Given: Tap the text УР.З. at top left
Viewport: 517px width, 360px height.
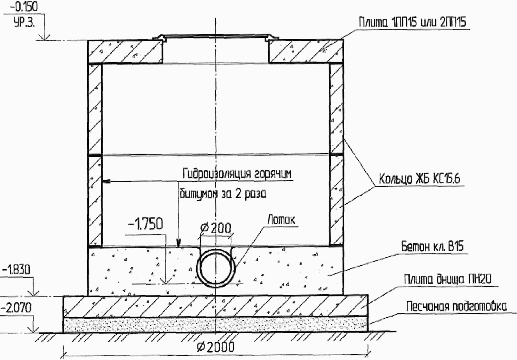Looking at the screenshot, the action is pos(24,23).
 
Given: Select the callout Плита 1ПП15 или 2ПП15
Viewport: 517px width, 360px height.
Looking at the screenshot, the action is pos(413,22).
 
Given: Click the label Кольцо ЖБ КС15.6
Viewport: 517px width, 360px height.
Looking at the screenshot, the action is pos(419,179).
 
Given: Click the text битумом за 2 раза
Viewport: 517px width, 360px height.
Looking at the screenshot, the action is pos(223,194).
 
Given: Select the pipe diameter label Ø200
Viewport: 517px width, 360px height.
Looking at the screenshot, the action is pos(216,228).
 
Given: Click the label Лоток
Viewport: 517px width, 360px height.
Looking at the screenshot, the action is pos(281,219).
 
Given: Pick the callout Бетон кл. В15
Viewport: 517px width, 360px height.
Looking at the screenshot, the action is pos(432,246).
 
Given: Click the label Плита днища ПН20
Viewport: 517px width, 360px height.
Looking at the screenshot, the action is pos(448,279).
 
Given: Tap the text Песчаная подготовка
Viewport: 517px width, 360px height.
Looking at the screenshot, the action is pos(457,307).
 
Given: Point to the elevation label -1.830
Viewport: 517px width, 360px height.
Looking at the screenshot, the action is pos(16,270).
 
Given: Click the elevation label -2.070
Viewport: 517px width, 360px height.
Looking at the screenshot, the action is pos(16,308).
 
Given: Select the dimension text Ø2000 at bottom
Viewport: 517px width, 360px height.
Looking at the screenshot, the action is pos(216,347).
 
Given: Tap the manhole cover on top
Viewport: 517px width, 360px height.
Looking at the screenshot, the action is pos(216,36).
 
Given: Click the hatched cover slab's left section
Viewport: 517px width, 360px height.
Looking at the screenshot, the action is pos(125,52).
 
